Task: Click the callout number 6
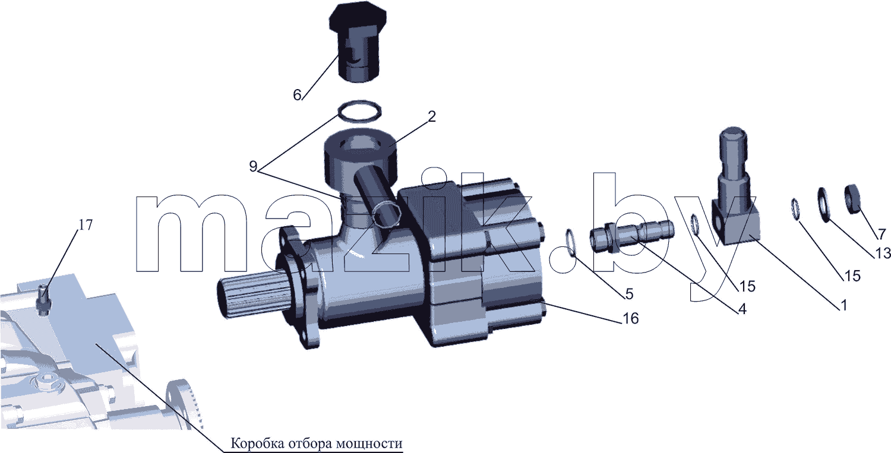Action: coord(297,95)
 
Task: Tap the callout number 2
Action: coord(432,116)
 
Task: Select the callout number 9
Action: coord(253,166)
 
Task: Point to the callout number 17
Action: coord(85,225)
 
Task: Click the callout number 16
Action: coord(630,318)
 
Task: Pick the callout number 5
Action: coord(629,294)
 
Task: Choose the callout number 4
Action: coord(742,309)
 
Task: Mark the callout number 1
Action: coord(843,305)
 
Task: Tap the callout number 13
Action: coord(883,253)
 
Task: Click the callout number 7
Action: coord(882,234)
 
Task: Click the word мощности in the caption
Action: coord(369,444)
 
